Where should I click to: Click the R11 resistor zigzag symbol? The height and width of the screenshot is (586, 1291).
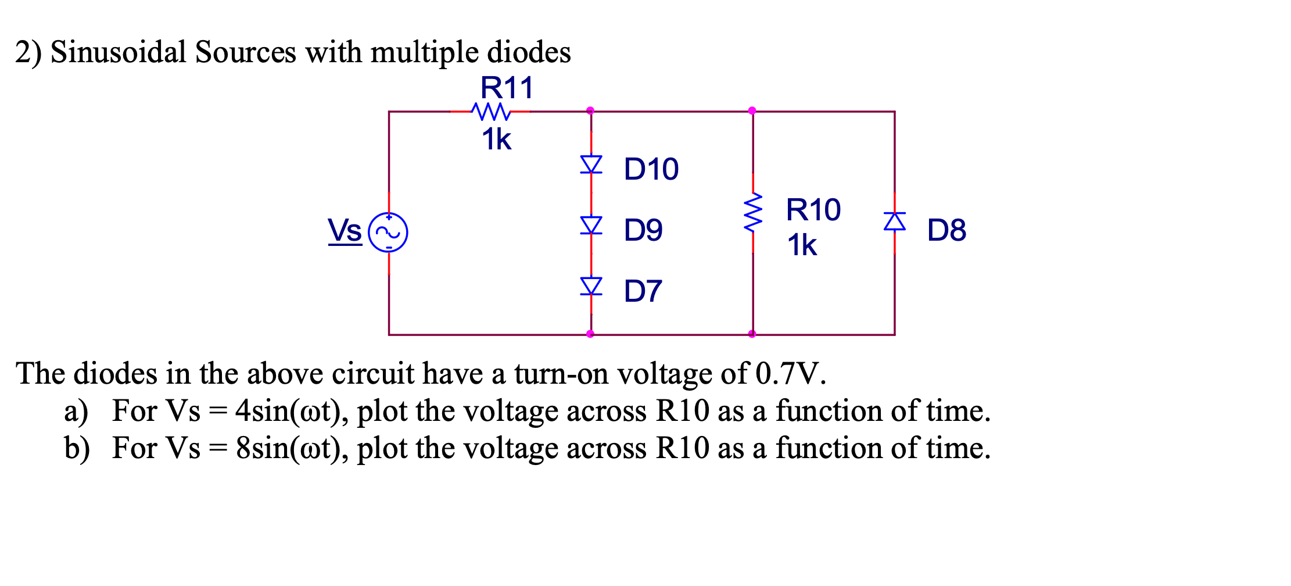click(x=491, y=111)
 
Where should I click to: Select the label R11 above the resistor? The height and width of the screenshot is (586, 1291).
click(x=506, y=88)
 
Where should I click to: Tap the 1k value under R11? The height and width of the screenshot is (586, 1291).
click(x=496, y=140)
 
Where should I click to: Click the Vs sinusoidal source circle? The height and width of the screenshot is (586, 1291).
click(x=388, y=233)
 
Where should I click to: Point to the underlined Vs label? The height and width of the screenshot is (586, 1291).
click(x=345, y=230)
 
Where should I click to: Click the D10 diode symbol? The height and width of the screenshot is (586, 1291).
click(x=591, y=165)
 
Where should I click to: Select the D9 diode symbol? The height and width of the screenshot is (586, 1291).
click(x=591, y=226)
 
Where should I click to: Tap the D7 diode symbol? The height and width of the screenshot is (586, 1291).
click(x=591, y=286)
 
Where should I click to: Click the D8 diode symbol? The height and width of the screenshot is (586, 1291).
click(x=895, y=221)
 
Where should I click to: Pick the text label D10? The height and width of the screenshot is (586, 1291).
click(x=651, y=169)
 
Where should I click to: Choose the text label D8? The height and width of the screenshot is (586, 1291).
click(x=946, y=230)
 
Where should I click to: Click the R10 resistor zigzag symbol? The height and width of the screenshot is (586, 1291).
click(x=753, y=213)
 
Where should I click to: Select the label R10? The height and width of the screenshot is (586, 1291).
click(x=813, y=210)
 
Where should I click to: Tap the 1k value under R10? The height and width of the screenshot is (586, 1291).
click(x=802, y=245)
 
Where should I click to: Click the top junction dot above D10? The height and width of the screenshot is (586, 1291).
click(x=590, y=110)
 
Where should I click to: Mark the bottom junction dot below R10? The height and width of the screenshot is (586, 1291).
click(x=752, y=334)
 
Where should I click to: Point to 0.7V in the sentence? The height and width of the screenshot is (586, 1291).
click(x=790, y=374)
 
